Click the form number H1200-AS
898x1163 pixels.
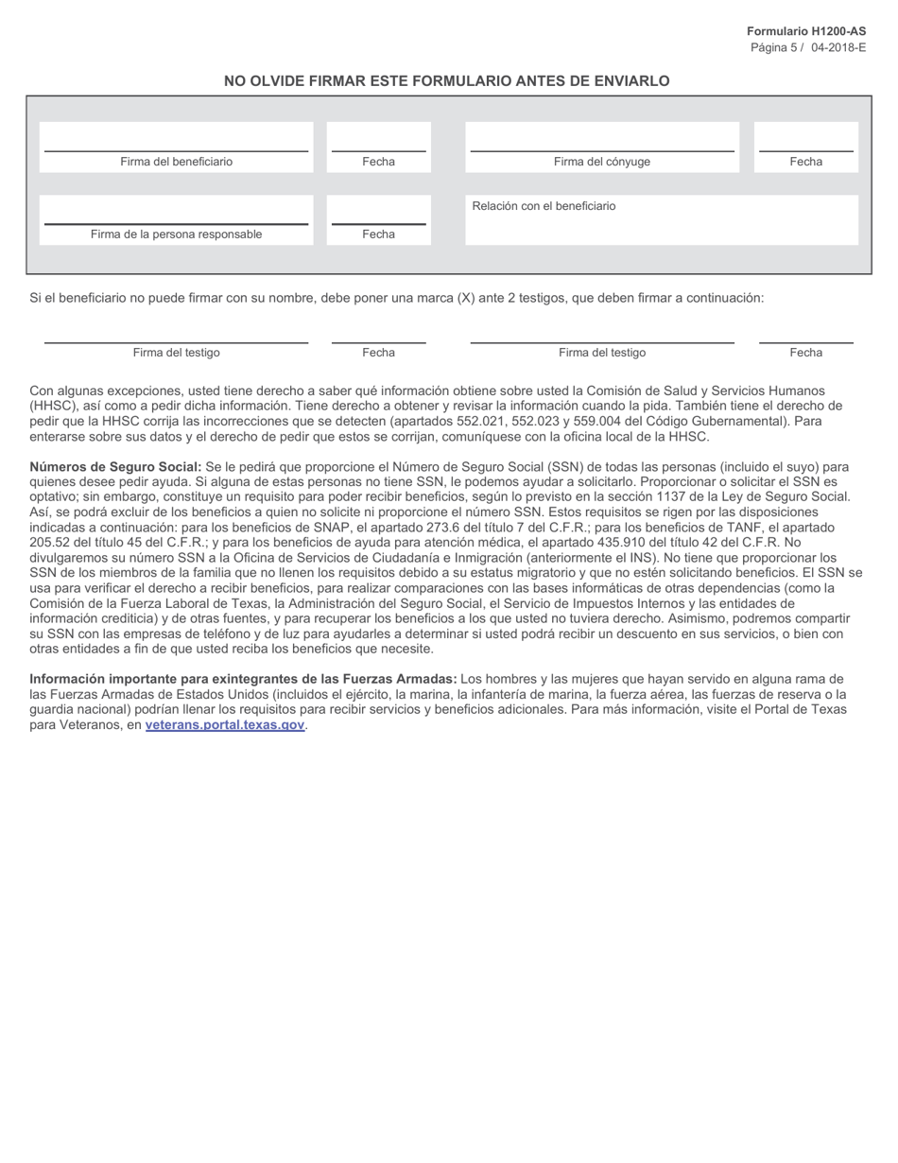click(805, 31)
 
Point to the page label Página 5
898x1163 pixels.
click(773, 47)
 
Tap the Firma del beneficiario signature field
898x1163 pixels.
click(176, 139)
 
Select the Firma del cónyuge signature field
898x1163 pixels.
click(601, 139)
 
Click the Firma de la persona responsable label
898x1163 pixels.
click(176, 234)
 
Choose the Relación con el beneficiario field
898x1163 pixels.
click(661, 220)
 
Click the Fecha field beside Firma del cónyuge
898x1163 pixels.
click(805, 139)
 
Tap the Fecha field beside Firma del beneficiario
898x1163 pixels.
click(378, 139)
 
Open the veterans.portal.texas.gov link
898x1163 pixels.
click(225, 725)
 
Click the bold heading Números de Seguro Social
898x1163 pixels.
click(115, 467)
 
